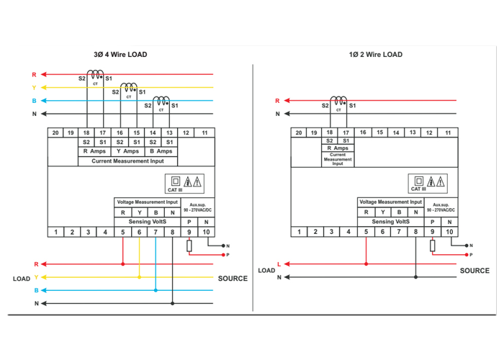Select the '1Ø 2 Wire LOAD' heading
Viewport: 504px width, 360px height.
click(376, 55)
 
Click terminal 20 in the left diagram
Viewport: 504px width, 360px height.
click(55, 132)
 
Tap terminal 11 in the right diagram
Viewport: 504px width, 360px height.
click(448, 132)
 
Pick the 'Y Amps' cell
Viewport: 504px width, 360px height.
click(128, 151)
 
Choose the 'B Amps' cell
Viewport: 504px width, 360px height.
click(161, 151)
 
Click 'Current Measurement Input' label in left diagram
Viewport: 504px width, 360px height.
click(128, 161)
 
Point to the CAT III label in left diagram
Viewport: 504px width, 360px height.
click(175, 190)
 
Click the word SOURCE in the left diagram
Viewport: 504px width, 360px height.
click(233, 278)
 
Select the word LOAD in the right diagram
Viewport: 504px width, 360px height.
click(266, 271)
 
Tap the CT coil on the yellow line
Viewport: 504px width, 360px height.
click(129, 88)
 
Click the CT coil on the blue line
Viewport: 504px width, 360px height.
click(162, 102)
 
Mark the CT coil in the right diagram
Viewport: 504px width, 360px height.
click(338, 102)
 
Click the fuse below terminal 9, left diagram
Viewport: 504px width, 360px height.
click(189, 246)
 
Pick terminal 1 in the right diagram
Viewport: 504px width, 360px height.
click(300, 232)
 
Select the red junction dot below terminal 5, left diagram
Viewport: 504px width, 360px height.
click(123, 264)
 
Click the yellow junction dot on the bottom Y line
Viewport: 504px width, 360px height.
click(139, 277)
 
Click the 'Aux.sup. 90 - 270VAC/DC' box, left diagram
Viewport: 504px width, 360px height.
click(197, 207)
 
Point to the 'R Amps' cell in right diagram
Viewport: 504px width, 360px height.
click(338, 148)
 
